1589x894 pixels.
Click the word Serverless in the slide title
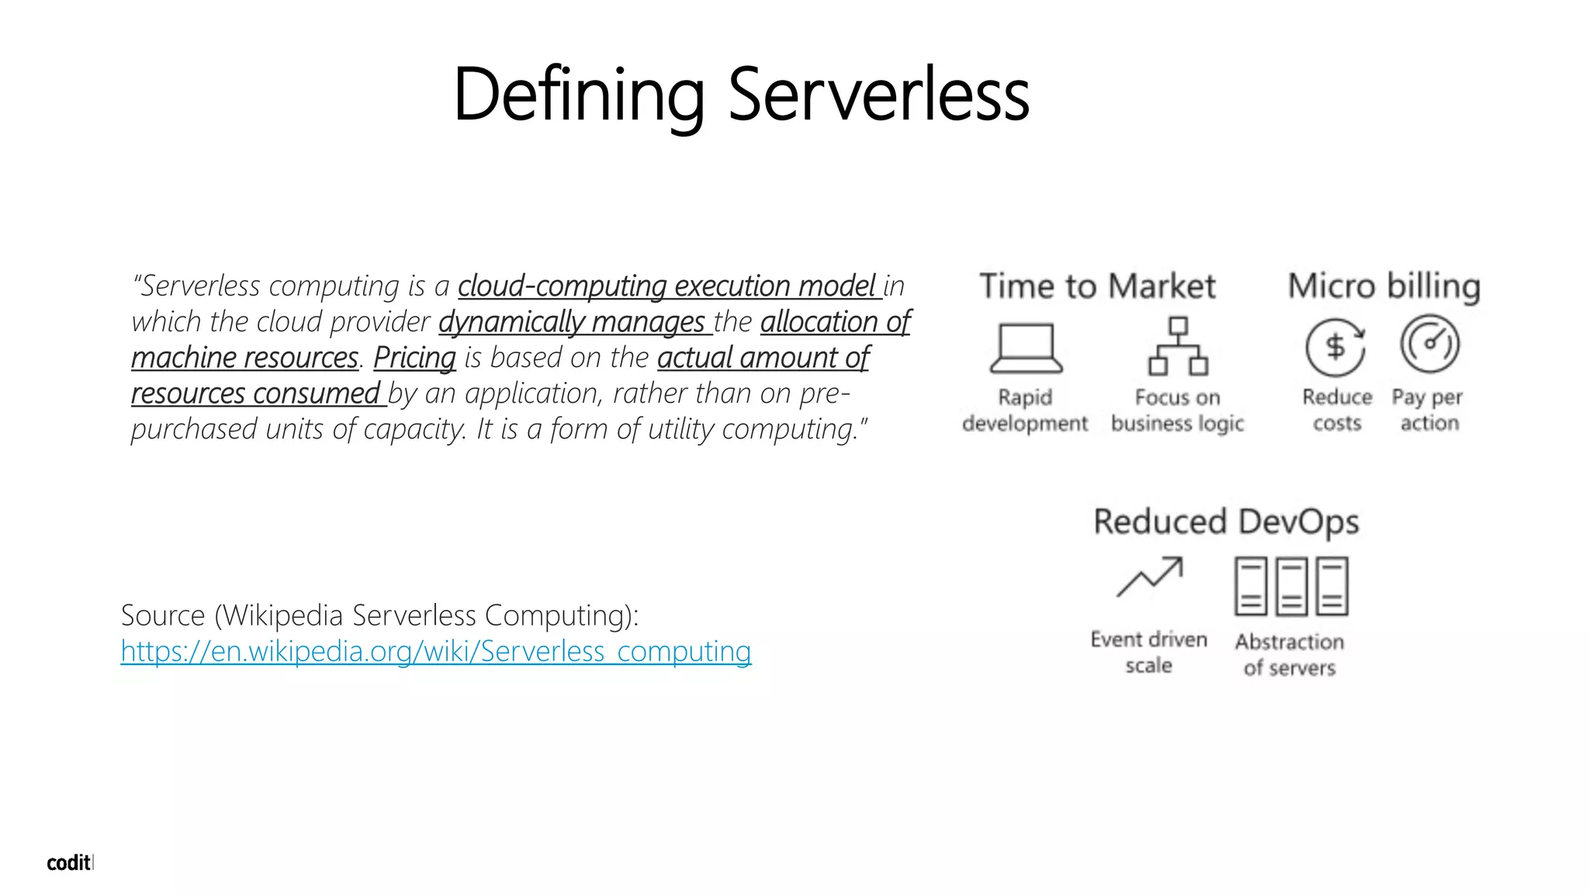(878, 95)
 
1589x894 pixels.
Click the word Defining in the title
(578, 95)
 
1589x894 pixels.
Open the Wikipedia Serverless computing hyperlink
(435, 651)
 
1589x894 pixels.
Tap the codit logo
(68, 863)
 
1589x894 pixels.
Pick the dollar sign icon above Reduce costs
(1335, 347)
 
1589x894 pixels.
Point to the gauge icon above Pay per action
(1429, 344)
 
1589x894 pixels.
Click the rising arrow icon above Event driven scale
(1149, 577)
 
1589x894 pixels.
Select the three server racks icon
(1291, 586)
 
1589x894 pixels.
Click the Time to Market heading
(1097, 286)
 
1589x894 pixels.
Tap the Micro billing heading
(1384, 286)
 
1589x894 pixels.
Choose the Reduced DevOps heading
(1226, 521)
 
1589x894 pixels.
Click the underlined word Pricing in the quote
(414, 358)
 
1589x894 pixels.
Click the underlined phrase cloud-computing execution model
(667, 286)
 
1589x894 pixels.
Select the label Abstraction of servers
(1290, 654)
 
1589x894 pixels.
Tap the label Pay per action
(1428, 410)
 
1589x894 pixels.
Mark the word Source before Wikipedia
(163, 615)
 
